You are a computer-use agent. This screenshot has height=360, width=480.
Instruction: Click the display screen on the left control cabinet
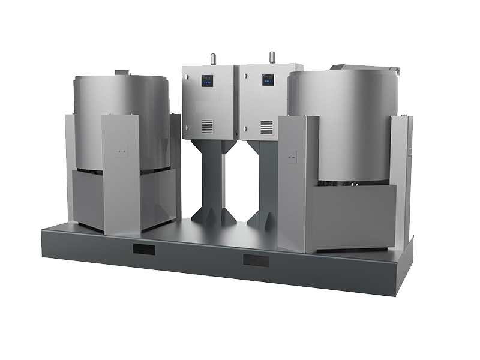tap(207, 80)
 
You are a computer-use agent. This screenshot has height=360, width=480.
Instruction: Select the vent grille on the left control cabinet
tap(207, 126)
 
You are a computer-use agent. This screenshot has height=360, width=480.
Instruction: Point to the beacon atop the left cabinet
tap(212, 58)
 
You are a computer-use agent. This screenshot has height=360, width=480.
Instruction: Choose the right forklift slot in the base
tap(255, 260)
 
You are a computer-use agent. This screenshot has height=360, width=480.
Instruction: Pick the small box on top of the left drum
tap(122, 72)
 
